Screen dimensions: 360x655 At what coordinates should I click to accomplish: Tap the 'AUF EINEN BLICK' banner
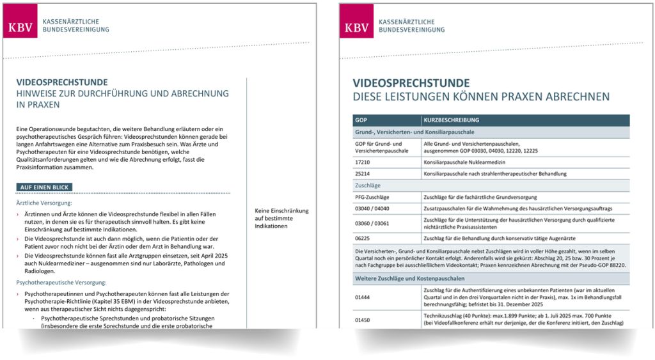point(45,187)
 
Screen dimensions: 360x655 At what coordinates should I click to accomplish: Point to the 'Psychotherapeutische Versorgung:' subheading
point(61,281)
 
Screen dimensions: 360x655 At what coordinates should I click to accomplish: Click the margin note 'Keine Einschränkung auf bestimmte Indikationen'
point(281,218)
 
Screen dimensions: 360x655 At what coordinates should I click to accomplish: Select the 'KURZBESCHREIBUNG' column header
point(451,120)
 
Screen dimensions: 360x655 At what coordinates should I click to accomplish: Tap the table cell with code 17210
point(364,162)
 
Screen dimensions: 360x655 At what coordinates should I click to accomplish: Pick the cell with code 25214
point(364,173)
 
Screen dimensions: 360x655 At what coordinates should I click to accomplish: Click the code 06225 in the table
point(364,237)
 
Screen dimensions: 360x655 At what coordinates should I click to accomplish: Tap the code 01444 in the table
point(364,296)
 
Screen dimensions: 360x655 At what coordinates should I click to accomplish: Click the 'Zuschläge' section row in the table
point(368,185)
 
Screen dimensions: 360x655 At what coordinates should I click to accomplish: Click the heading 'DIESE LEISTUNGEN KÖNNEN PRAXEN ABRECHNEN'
point(481,97)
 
